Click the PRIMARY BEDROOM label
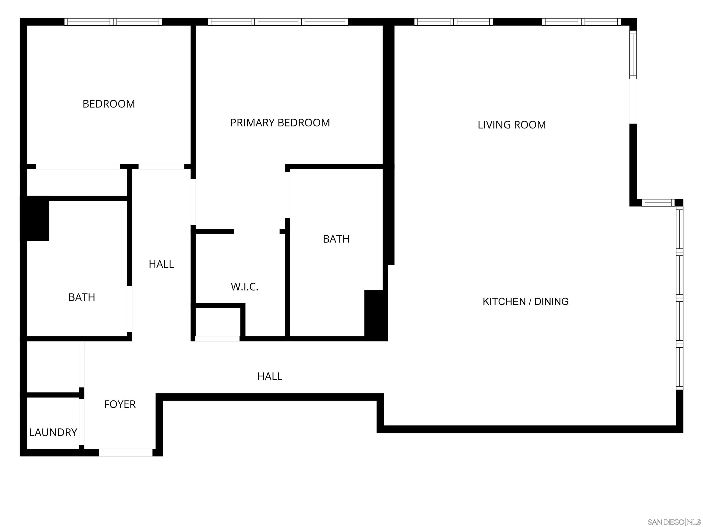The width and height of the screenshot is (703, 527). tap(280, 123)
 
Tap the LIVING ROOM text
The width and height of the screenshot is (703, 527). tap(512, 125)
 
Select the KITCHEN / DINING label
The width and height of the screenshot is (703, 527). tap(525, 301)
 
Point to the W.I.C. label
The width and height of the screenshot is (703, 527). tap(244, 287)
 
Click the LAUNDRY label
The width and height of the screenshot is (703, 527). tap(53, 432)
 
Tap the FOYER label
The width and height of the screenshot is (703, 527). tap(120, 404)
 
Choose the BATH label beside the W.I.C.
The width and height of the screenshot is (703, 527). tap(336, 239)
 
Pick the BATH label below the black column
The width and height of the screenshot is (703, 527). tap(82, 297)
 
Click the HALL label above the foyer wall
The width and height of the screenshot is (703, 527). tap(270, 376)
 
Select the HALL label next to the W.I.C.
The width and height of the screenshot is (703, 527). tap(161, 264)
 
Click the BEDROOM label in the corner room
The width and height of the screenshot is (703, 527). tap(109, 104)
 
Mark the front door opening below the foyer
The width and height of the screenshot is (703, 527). tap(126, 453)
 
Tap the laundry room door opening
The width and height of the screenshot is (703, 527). tap(82, 422)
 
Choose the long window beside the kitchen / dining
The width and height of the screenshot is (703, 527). tap(679, 298)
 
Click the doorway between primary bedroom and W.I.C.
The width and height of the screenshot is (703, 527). tap(257, 231)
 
